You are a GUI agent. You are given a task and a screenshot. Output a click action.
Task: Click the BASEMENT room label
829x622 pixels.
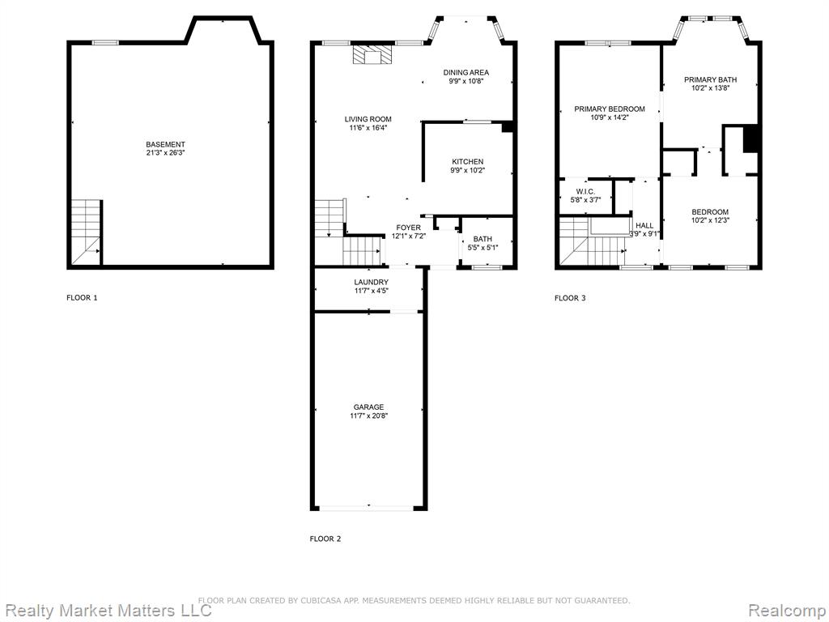[x=165, y=144]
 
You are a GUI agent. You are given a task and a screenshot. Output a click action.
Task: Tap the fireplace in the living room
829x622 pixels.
[x=373, y=54]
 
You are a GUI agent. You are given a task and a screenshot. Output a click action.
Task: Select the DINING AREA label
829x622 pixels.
[x=466, y=72]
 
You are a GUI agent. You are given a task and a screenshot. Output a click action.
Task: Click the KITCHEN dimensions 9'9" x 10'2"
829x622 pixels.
[x=467, y=170]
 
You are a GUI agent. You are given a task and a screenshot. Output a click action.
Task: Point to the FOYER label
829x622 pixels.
[x=409, y=228]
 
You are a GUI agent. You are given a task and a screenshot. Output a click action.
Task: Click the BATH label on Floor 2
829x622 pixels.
[x=483, y=239]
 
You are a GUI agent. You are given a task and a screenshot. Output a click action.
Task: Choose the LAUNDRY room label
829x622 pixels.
[x=371, y=283]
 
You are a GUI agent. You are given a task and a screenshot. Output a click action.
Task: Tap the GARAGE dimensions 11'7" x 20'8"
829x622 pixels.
[x=368, y=415]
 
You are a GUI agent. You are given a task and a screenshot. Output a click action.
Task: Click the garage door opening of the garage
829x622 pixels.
[x=368, y=508]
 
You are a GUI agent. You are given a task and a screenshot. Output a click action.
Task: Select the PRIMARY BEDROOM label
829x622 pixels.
[x=610, y=109]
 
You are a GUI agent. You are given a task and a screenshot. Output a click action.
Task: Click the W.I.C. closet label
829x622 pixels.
[x=585, y=191]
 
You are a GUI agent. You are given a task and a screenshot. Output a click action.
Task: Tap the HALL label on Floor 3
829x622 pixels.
[x=644, y=225]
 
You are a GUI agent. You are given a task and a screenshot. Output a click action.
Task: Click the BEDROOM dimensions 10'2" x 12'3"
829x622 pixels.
[x=710, y=220]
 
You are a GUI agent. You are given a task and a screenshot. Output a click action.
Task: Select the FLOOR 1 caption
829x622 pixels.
[x=82, y=298]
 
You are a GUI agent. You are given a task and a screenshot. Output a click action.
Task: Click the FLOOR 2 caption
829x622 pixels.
[x=325, y=539]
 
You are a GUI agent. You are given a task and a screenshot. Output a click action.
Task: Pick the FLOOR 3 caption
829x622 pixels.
[x=570, y=298]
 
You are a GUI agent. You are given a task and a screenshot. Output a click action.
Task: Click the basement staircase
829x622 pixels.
[x=86, y=232]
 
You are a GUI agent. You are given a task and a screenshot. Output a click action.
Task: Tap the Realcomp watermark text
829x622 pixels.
[x=786, y=611]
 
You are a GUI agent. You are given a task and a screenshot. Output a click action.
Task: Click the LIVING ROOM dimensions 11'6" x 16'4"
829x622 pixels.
[x=368, y=127]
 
